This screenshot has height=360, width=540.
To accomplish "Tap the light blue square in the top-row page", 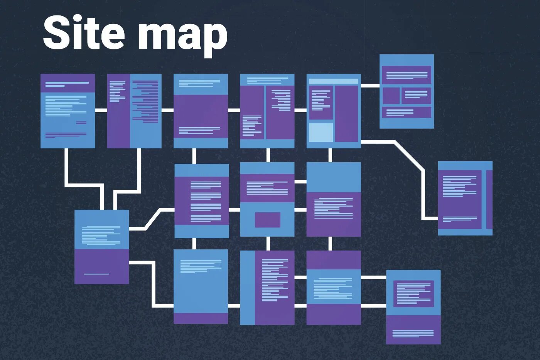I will pos(321,133).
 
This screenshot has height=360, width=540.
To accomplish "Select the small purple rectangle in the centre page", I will pos(267,220).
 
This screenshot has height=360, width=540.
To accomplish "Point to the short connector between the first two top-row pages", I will pos(101,110).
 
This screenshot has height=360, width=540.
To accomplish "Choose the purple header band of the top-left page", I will pos(67,83).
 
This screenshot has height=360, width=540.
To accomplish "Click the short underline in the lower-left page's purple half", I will pos(96,274).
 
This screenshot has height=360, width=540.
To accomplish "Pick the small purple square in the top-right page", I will pos(391,96).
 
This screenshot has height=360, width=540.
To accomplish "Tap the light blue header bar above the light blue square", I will pos(334,81).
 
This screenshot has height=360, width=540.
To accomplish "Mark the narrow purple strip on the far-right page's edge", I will pos(489,199).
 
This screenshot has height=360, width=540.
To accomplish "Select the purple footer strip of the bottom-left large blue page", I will pos(201,318).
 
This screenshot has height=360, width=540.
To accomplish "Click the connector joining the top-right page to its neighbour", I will pos(370,86).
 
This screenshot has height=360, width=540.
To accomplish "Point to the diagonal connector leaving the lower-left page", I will pos(153,219).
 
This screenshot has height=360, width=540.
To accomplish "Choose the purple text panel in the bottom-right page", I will pos(413,293).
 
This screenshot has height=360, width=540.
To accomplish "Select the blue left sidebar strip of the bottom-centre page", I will pos(247,288).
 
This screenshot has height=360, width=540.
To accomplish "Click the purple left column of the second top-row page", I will pos(118,111).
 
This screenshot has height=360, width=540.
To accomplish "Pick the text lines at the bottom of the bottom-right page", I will pos(413,333).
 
